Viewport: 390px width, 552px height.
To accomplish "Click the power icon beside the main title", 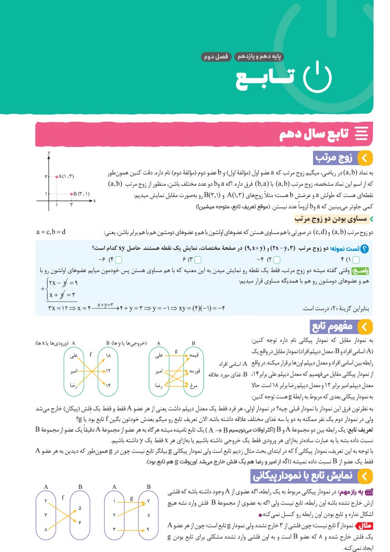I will click(x=317, y=78).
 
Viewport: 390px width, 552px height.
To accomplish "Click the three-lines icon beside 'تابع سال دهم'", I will click(x=361, y=134).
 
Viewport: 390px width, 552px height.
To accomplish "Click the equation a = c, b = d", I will click(x=57, y=231).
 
